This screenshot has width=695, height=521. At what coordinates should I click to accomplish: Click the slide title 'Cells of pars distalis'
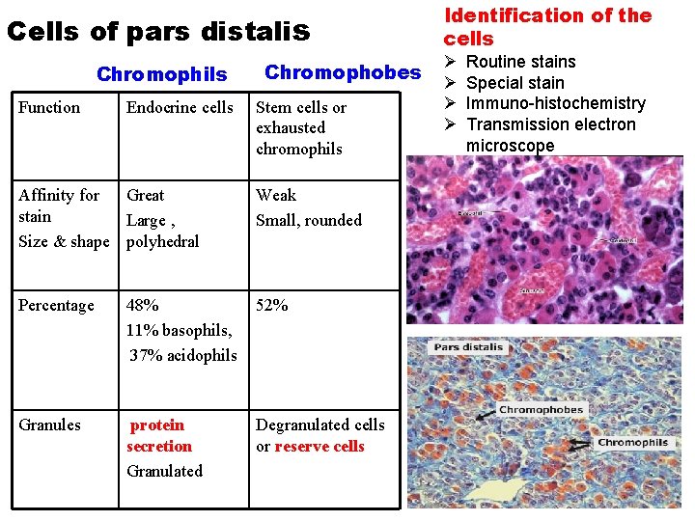[158, 31]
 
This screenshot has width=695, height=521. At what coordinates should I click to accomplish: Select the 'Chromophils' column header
[162, 74]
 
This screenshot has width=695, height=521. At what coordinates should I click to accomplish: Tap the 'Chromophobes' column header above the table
[343, 72]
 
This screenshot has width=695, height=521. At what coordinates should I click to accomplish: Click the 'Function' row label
[50, 107]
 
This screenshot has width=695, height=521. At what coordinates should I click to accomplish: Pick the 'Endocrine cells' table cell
[180, 107]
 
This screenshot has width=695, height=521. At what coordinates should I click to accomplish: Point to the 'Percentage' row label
[56, 306]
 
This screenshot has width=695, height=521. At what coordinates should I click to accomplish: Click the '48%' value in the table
[143, 306]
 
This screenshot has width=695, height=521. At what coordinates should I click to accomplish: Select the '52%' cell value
[272, 306]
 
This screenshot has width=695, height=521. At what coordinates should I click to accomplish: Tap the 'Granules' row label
[49, 425]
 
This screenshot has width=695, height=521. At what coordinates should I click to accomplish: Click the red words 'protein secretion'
[158, 435]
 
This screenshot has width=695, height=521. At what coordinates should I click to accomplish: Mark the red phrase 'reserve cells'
[320, 446]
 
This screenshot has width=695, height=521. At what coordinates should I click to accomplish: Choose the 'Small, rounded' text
[309, 220]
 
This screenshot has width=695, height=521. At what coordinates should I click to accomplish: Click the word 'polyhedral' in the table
[162, 241]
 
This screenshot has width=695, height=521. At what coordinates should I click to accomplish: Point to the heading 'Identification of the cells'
[547, 27]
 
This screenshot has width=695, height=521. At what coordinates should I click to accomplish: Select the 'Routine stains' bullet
[520, 62]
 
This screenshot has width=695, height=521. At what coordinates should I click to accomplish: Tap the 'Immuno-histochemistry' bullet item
[555, 103]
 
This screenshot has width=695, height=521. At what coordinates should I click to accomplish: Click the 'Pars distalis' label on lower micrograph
[468, 347]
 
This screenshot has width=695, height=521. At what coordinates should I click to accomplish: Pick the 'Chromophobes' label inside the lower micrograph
[541, 410]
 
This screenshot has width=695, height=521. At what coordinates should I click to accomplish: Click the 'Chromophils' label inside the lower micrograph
[632, 443]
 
